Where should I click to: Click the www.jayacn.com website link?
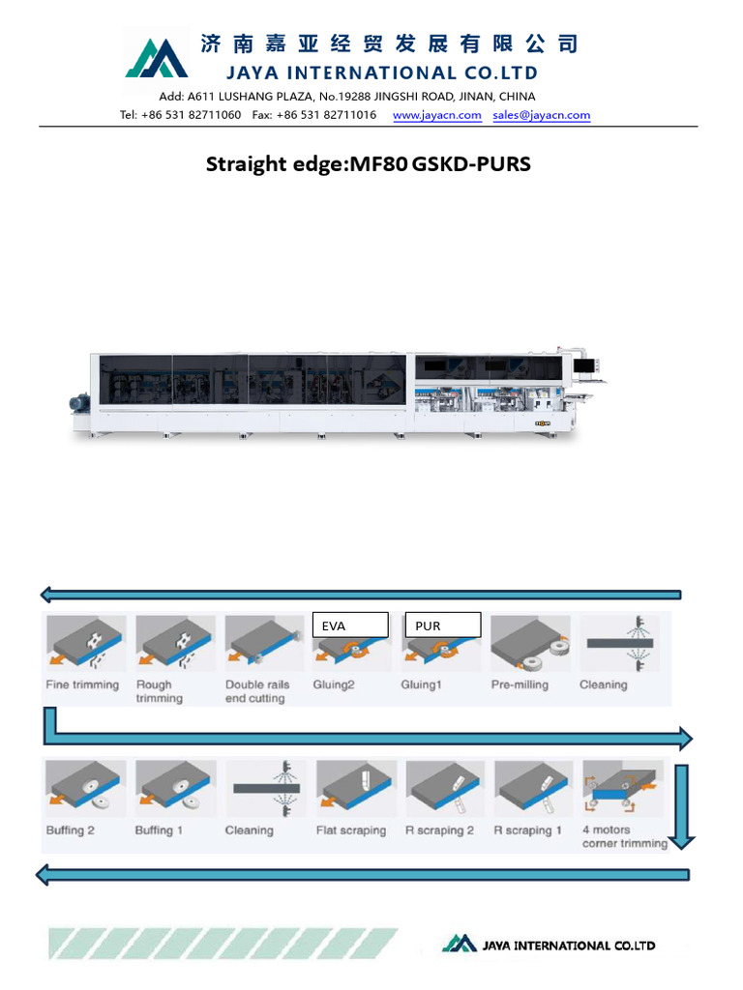(437, 115)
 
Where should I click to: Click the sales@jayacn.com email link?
(541, 115)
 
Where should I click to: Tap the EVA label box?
(349, 626)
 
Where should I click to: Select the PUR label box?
(442, 626)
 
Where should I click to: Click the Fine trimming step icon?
(84, 644)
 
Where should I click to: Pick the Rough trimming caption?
(160, 691)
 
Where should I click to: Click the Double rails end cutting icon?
(261, 644)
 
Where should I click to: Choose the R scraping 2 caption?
(440, 830)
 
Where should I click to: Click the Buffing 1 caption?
(155, 830)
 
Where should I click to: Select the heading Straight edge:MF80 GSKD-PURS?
(369, 164)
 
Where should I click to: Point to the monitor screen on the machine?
(586, 365)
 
